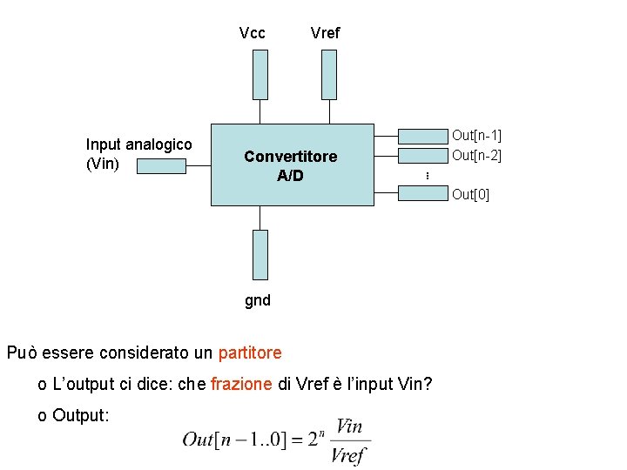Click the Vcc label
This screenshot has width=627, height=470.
(252, 33)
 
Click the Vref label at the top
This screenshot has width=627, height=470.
(325, 33)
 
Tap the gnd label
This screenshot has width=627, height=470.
(257, 300)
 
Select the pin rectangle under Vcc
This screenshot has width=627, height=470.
(260, 74)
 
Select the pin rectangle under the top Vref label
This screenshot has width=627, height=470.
(328, 74)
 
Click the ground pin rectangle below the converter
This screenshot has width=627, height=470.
(260, 255)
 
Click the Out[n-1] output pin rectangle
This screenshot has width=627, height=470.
(422, 135)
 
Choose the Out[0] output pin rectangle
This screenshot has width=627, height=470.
(422, 194)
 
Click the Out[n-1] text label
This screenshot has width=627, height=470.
(476, 135)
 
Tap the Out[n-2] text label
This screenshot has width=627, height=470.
(476, 155)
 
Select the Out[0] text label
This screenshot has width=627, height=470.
(470, 194)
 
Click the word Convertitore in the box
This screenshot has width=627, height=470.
(290, 157)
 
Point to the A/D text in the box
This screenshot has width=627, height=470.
(290, 176)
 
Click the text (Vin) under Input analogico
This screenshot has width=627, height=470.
(103, 164)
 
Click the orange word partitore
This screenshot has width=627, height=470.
(250, 352)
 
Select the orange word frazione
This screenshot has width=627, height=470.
(241, 385)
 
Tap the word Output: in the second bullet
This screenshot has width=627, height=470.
(80, 415)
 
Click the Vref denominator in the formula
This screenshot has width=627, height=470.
(349, 454)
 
